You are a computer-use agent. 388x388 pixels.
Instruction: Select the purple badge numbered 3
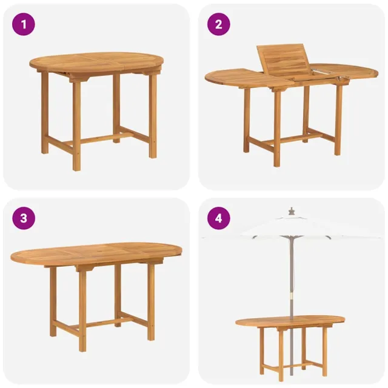pos(24,218)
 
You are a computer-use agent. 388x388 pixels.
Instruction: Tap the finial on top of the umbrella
pos(292,211)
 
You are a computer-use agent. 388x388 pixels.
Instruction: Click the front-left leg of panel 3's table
pos(82,309)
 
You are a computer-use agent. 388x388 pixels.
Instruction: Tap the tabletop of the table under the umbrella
pos(290,321)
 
